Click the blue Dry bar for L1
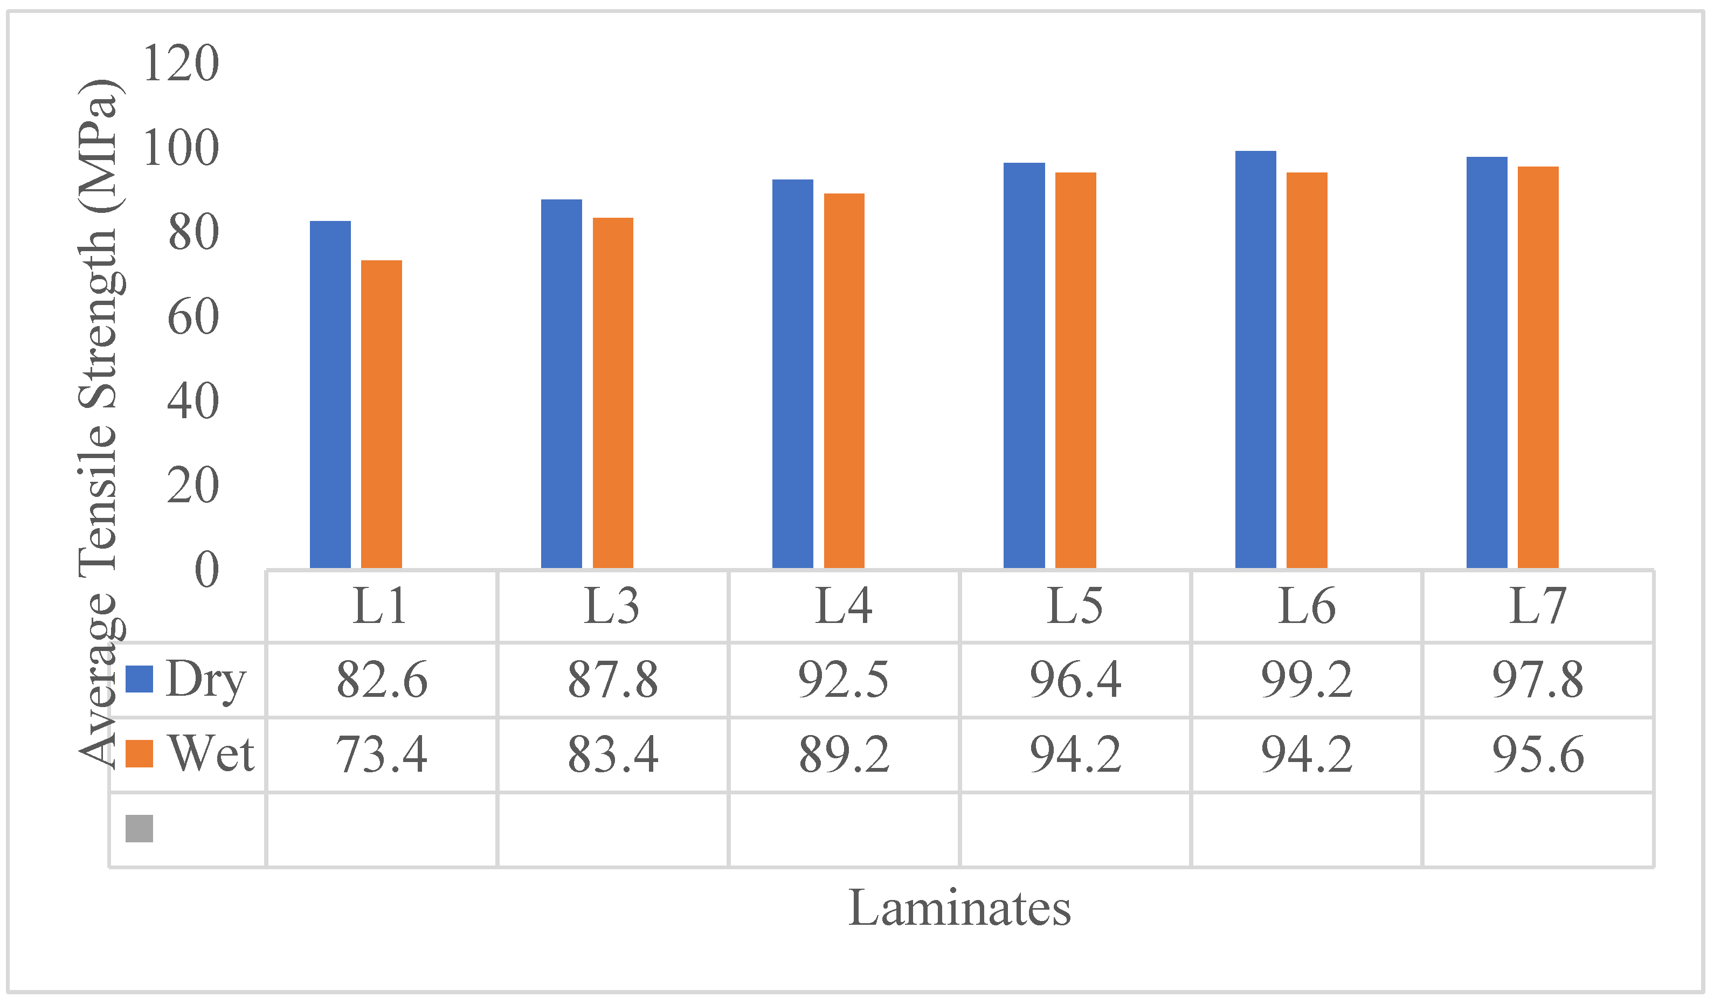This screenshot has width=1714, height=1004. coord(330,394)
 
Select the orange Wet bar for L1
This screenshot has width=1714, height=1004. coord(382,414)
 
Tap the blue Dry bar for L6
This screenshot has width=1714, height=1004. coord(1255,360)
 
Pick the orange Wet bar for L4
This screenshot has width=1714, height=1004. coord(844,381)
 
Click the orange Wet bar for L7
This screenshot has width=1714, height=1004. coord(1538,368)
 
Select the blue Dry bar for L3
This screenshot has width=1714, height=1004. coord(561,384)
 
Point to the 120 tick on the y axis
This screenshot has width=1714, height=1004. coord(181,63)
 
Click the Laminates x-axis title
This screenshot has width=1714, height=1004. coord(960,909)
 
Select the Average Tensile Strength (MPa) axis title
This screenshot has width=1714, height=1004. coord(99,422)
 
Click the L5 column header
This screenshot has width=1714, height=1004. coord(1075,606)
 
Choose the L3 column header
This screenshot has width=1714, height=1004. coord(612,606)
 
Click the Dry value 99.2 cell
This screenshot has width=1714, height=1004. coord(1307,680)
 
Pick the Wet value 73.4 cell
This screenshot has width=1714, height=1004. coord(382,754)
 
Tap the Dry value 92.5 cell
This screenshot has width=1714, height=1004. coord(844,680)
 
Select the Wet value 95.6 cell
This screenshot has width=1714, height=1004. coord(1538,754)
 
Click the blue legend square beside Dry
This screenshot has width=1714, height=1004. coord(140,679)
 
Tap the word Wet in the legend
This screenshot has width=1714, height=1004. coord(211,754)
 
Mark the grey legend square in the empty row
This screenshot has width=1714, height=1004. coord(140,828)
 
